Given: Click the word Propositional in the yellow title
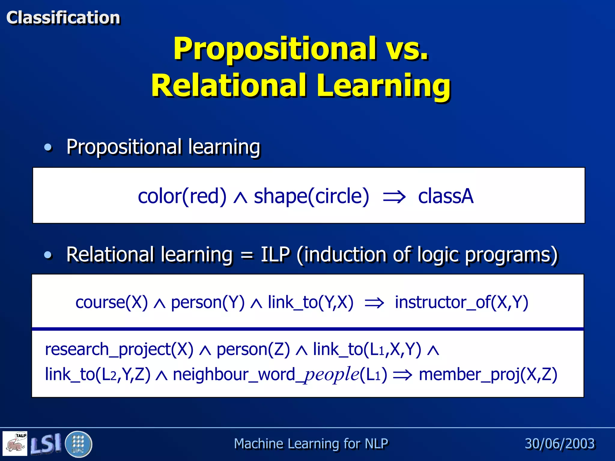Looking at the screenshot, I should [x=274, y=49].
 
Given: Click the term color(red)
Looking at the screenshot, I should [x=182, y=196].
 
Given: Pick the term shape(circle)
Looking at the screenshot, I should [x=311, y=196].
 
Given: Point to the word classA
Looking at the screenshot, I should [x=446, y=196].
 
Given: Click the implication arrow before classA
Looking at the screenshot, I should [x=394, y=197].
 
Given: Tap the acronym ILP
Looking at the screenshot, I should [x=275, y=255].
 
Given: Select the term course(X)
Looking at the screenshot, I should [x=112, y=302].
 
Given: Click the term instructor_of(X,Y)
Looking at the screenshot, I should [x=461, y=302].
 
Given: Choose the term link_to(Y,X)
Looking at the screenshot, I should [x=311, y=302].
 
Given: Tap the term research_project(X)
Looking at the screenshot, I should [x=119, y=349].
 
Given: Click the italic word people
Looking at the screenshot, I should [x=332, y=375].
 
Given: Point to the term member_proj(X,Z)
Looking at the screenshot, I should [x=488, y=375].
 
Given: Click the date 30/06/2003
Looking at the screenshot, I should [x=559, y=444].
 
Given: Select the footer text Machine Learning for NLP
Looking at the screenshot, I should [x=311, y=444].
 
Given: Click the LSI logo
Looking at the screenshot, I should [x=46, y=444].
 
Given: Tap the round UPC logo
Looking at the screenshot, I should [x=78, y=444].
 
